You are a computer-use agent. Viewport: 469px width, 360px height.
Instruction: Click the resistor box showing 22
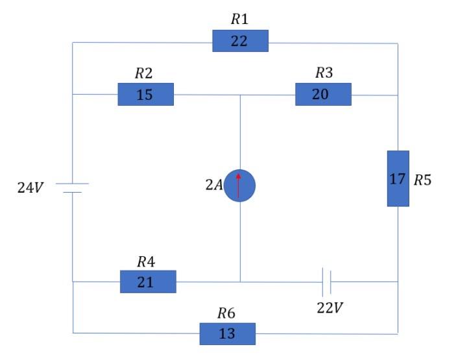(240, 41)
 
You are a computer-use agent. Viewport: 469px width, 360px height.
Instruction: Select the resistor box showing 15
(145, 94)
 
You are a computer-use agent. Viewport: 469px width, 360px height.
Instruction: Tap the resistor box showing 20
(323, 94)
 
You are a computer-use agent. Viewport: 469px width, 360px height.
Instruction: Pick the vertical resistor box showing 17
(398, 178)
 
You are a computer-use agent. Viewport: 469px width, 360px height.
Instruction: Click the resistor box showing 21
(148, 282)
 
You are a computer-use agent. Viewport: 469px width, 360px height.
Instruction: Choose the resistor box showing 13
(227, 333)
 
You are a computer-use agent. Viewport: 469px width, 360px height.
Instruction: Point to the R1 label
(239, 19)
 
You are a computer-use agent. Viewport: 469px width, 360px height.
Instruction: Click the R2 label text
(143, 73)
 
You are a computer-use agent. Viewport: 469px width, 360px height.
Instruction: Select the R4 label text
(146, 261)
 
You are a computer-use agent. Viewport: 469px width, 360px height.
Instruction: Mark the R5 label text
(422, 180)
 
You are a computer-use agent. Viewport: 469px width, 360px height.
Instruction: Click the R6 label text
(226, 313)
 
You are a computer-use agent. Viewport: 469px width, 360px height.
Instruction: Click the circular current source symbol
(239, 186)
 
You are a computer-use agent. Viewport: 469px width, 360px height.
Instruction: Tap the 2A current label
(214, 186)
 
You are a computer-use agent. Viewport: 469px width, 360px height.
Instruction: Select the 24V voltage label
(30, 188)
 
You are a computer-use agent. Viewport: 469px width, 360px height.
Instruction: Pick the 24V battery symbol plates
(72, 188)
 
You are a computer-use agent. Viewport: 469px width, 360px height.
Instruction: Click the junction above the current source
(240, 95)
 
